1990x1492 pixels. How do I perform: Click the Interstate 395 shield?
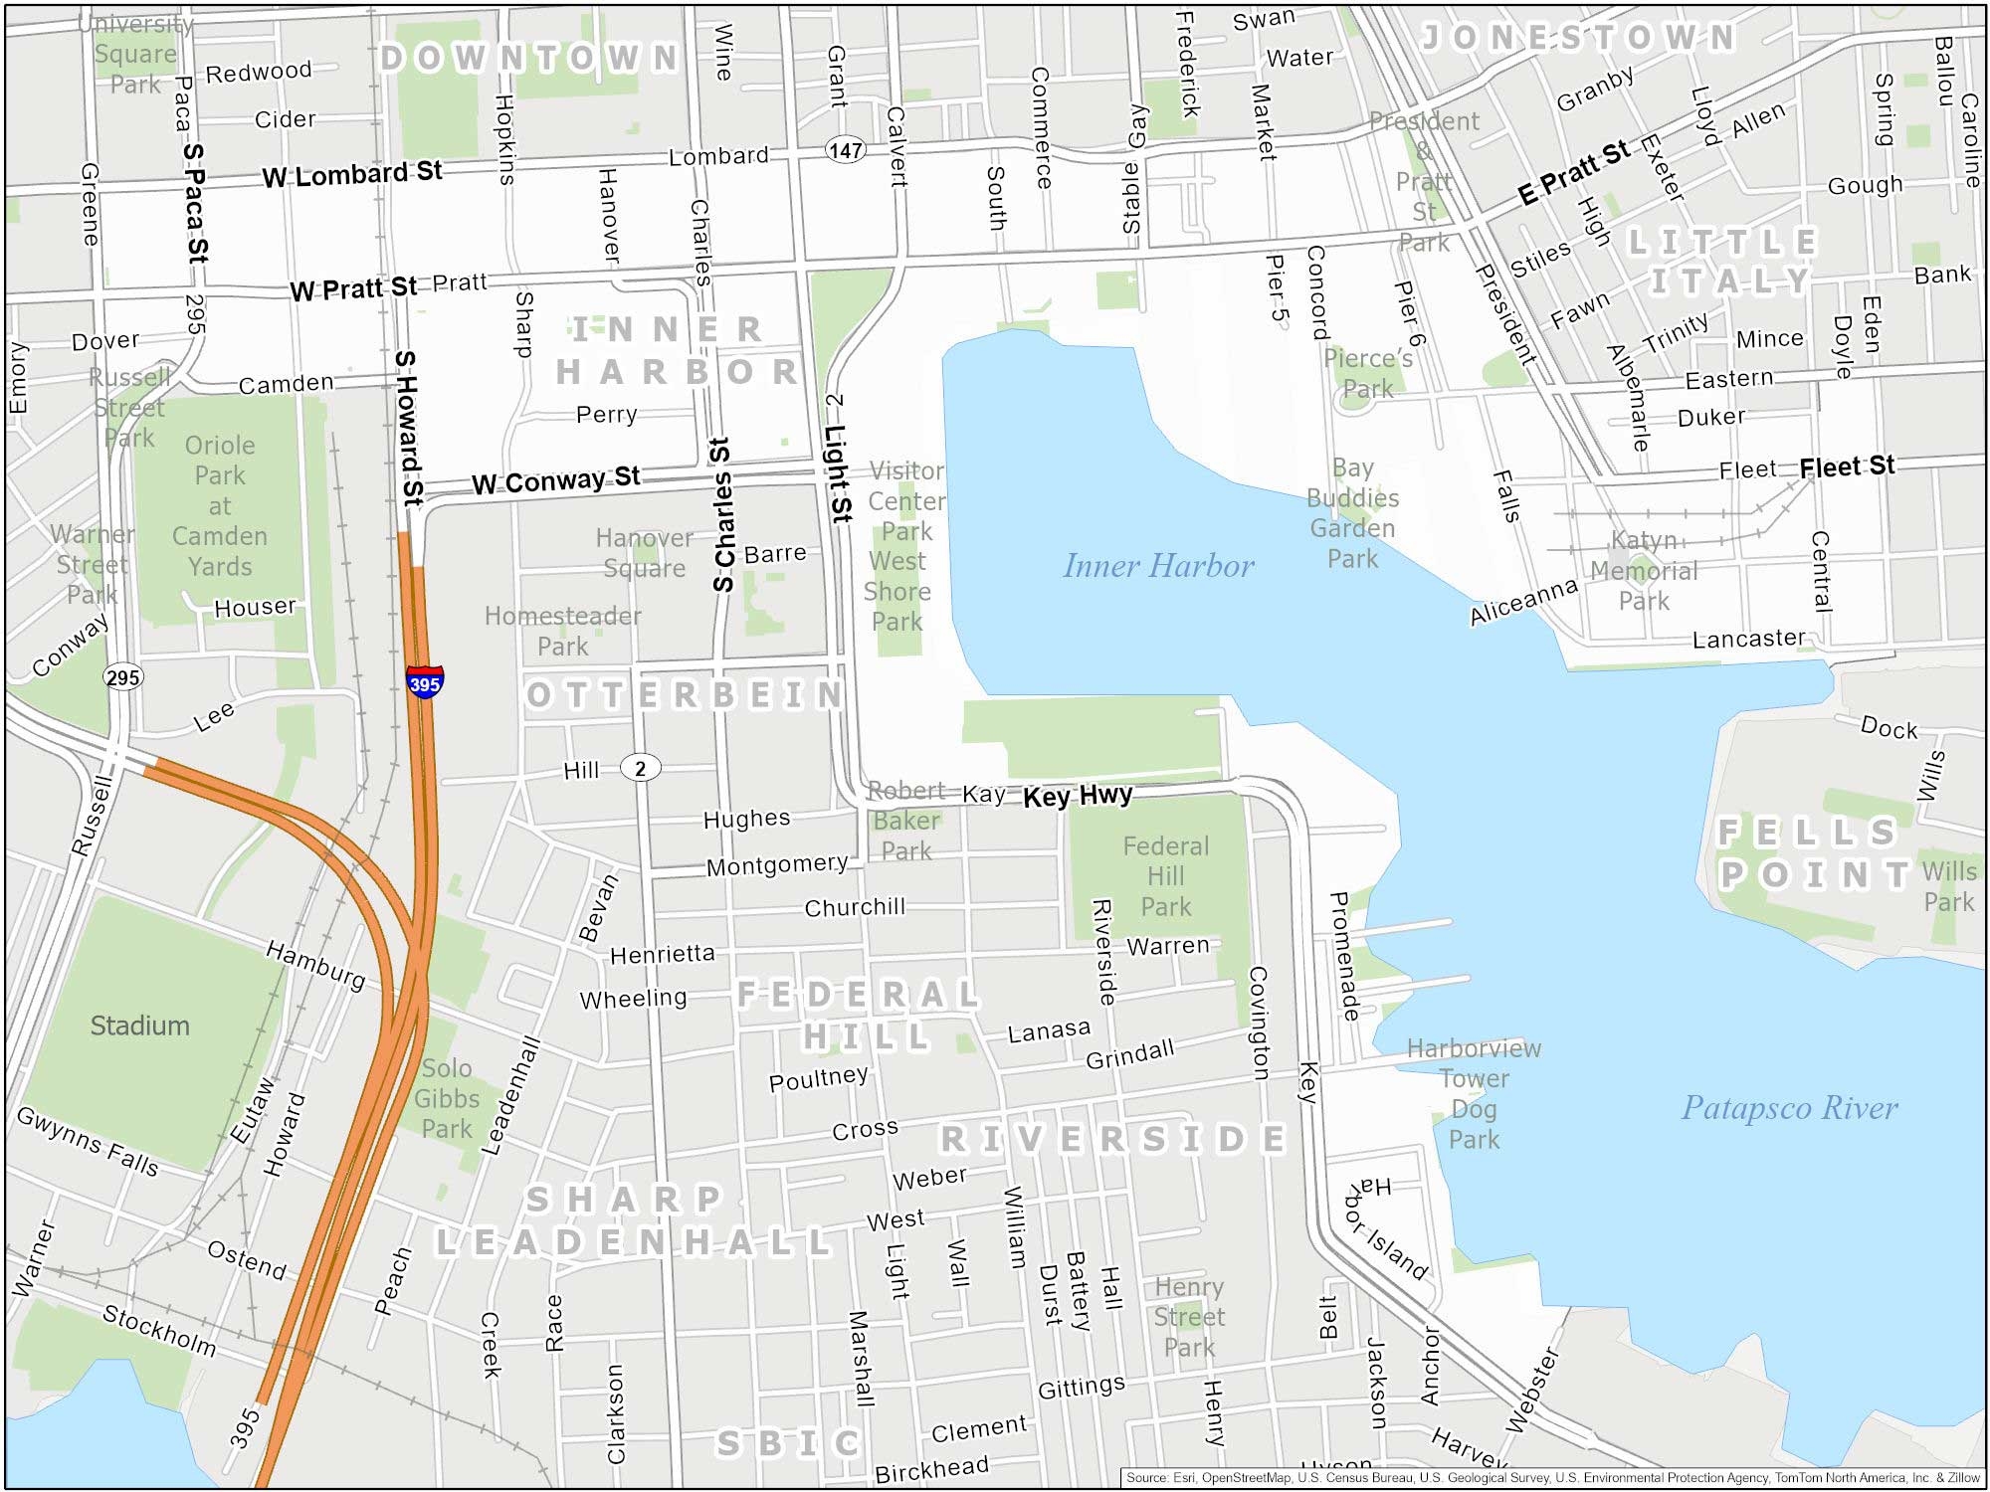tap(425, 682)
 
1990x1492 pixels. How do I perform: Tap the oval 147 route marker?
tap(845, 150)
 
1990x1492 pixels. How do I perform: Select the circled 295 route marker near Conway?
tap(123, 677)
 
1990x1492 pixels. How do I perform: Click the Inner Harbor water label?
tap(1158, 566)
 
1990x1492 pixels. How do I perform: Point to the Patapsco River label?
tap(1789, 1108)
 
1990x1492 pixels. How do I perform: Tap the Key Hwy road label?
tap(1078, 796)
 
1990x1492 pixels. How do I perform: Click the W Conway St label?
tap(555, 481)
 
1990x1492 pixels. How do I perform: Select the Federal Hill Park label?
tap(1165, 876)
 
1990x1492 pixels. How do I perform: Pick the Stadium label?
tap(139, 1026)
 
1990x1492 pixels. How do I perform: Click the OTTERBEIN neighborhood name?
tap(685, 694)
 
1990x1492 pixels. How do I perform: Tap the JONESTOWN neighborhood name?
tap(1579, 38)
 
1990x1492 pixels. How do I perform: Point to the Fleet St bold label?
tap(1847, 466)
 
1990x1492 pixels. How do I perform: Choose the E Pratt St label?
tap(1574, 172)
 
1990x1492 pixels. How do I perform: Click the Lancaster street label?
tap(1748, 639)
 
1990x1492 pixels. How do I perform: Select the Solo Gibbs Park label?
tap(446, 1098)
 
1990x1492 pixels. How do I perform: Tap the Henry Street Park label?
tap(1188, 1317)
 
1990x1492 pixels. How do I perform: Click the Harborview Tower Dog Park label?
tap(1474, 1093)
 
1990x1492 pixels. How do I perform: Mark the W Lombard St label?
tap(352, 174)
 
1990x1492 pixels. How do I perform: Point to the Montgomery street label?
tap(776, 864)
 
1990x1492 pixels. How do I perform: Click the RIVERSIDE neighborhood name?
tap(1112, 1139)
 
